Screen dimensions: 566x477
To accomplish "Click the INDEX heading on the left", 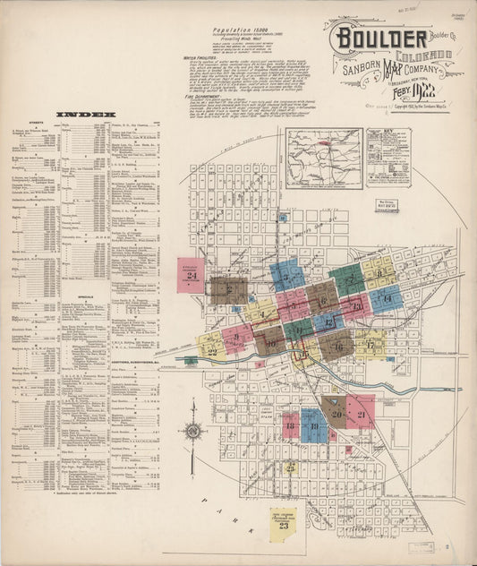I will tap(84, 116).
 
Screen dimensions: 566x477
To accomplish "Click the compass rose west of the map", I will tap(192, 431).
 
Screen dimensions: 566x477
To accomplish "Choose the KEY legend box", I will tap(388, 157).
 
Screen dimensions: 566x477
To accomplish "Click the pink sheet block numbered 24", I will tap(192, 276).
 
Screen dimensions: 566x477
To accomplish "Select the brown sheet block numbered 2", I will tap(228, 288).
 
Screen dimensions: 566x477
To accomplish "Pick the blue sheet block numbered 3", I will tap(286, 274).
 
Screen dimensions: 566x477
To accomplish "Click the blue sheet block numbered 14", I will tap(386, 298).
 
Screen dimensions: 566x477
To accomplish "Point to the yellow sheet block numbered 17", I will tap(370, 344).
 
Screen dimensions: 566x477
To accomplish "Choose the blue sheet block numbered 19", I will tap(314, 425).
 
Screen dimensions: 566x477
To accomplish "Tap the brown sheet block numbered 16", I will tap(336, 343).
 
